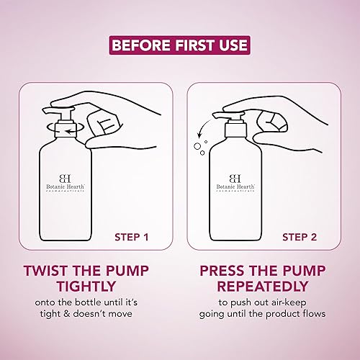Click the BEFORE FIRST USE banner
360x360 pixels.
tap(180, 45)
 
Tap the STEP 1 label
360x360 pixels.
tap(132, 238)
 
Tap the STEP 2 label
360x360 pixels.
tap(300, 238)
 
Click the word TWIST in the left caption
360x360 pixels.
tap(46, 271)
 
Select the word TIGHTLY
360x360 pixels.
tap(86, 287)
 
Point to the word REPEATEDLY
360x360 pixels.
tap(263, 287)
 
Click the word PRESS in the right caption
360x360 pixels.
tap(222, 271)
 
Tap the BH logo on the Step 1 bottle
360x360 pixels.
tap(65, 179)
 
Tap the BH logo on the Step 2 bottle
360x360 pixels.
tap(235, 179)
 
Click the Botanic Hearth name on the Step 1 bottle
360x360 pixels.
tap(66, 186)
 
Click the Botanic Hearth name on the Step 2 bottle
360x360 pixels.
tap(235, 186)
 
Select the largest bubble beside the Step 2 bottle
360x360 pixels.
tap(197, 146)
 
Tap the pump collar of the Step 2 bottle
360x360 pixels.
tap(235, 130)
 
